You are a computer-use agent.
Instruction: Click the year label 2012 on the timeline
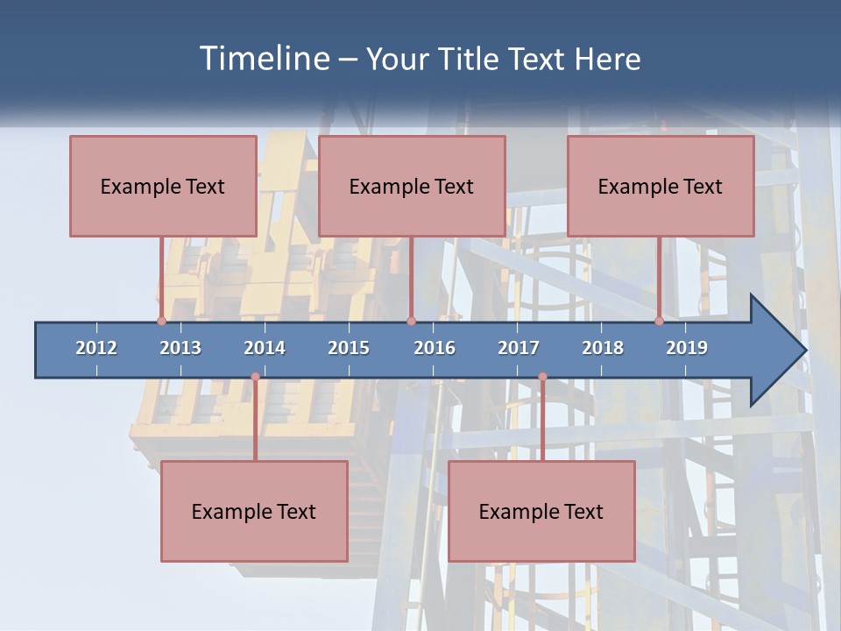click(96, 348)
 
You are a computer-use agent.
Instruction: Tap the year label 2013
click(180, 348)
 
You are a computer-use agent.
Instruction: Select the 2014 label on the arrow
click(265, 348)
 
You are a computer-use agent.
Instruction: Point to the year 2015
click(349, 348)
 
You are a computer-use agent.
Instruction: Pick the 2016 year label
click(435, 348)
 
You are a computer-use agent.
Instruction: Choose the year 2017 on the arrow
click(519, 348)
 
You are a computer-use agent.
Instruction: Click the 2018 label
click(603, 348)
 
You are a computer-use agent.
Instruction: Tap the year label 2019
click(687, 348)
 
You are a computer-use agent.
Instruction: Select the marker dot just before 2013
click(161, 321)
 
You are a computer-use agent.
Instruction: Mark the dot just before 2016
click(411, 321)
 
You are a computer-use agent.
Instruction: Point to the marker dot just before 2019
click(659, 321)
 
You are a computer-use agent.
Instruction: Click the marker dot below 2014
click(255, 377)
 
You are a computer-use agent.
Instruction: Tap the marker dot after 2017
click(542, 377)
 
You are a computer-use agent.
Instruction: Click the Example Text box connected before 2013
click(163, 186)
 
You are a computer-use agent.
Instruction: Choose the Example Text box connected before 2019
click(661, 186)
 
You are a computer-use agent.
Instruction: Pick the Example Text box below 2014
click(254, 511)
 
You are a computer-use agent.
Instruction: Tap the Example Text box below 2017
click(541, 511)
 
